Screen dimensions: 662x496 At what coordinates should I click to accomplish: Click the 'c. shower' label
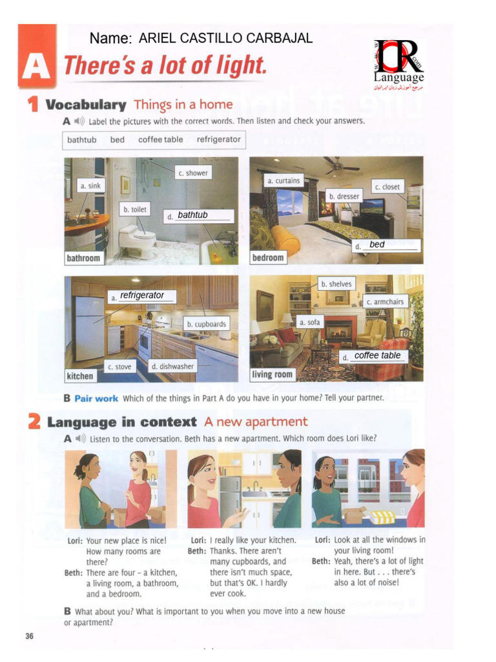[194, 173]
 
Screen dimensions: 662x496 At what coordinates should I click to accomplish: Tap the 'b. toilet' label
[135, 209]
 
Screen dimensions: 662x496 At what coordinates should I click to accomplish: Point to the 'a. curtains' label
[284, 181]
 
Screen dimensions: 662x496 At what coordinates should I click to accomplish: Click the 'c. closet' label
[387, 187]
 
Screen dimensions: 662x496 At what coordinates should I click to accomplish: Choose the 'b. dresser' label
[344, 196]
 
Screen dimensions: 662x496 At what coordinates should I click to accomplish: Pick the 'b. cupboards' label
[207, 324]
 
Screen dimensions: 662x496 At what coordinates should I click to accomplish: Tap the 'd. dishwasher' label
[172, 367]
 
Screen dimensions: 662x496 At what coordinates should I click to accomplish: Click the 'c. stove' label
[119, 367]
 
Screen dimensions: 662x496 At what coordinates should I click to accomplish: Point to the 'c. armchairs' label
[385, 302]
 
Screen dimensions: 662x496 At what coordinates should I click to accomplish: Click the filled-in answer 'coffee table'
[377, 356]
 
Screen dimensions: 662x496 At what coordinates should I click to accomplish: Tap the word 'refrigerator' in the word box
[218, 139]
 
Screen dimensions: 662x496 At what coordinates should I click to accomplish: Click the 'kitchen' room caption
[80, 376]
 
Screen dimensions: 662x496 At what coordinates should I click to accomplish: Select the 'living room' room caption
[272, 374]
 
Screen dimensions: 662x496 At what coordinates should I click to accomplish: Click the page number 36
[29, 636]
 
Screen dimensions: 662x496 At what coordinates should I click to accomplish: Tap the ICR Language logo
[399, 64]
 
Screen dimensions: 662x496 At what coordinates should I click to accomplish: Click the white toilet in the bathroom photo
[136, 239]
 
